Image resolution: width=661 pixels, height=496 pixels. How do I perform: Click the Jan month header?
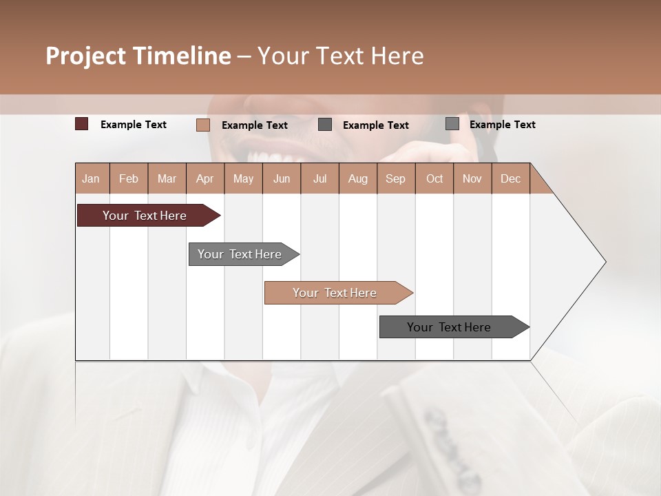(92, 178)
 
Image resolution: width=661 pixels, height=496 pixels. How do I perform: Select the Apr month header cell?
(205, 178)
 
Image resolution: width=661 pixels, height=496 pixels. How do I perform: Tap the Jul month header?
(320, 178)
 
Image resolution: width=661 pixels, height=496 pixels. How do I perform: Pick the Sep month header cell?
(396, 178)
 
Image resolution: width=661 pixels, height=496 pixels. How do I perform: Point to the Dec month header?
(511, 178)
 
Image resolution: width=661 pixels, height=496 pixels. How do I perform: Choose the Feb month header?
(129, 178)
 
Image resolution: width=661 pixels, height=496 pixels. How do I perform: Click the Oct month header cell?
(434, 178)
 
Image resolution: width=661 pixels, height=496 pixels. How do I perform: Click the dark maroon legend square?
(82, 124)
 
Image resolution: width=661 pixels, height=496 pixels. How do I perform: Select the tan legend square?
(203, 125)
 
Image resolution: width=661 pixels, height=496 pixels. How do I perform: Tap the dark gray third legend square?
(325, 125)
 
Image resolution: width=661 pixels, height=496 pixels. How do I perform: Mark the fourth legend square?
(452, 124)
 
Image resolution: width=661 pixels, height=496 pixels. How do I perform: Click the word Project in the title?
(86, 56)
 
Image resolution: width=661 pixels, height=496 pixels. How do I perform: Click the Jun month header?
(282, 178)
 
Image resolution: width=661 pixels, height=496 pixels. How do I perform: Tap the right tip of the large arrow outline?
(605, 262)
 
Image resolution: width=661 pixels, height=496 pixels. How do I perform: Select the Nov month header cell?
(472, 178)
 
